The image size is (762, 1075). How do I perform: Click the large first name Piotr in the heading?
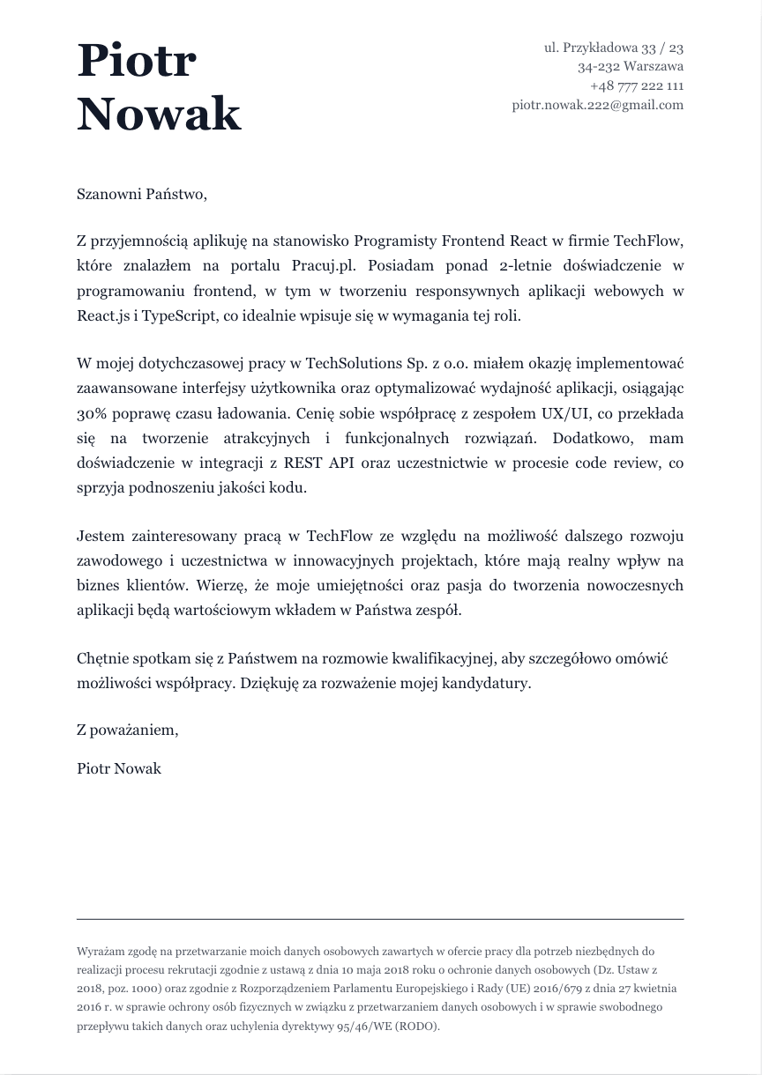137,62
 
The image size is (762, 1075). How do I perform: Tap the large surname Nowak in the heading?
159,115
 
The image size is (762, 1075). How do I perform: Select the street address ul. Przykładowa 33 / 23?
613,48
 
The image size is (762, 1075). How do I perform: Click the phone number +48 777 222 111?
637,86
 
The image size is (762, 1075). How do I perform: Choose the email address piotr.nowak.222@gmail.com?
597,105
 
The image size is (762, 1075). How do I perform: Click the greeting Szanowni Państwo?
141,194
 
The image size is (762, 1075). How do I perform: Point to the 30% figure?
93,413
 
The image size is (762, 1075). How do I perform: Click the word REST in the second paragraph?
303,463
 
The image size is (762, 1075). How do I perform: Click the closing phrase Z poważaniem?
127,730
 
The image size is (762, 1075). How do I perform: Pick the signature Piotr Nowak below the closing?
119,768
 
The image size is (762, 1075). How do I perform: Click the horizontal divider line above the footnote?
380,919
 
